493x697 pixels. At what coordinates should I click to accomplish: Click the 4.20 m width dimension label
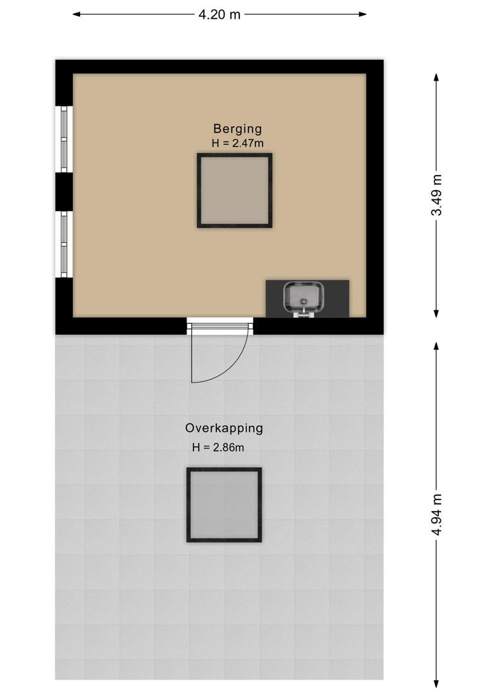coord(219,14)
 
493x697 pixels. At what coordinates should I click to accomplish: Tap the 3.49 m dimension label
coord(437,195)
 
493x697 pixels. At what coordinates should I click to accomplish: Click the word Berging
coord(237,128)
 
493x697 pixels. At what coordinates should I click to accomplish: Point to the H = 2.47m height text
coord(237,143)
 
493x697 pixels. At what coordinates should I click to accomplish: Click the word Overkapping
coord(224,428)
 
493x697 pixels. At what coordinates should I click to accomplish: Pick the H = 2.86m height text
coord(217,447)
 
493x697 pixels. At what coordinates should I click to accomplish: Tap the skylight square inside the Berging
coord(234,190)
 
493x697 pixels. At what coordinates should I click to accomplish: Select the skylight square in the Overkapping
coord(224,505)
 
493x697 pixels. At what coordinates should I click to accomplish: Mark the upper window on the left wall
coord(64,139)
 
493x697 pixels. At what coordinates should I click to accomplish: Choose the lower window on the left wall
coord(64,244)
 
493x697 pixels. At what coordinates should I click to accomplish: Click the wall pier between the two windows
coord(64,192)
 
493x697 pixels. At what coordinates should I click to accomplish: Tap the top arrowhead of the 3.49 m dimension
coord(437,77)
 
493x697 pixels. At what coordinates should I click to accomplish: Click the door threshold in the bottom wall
coord(219,326)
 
